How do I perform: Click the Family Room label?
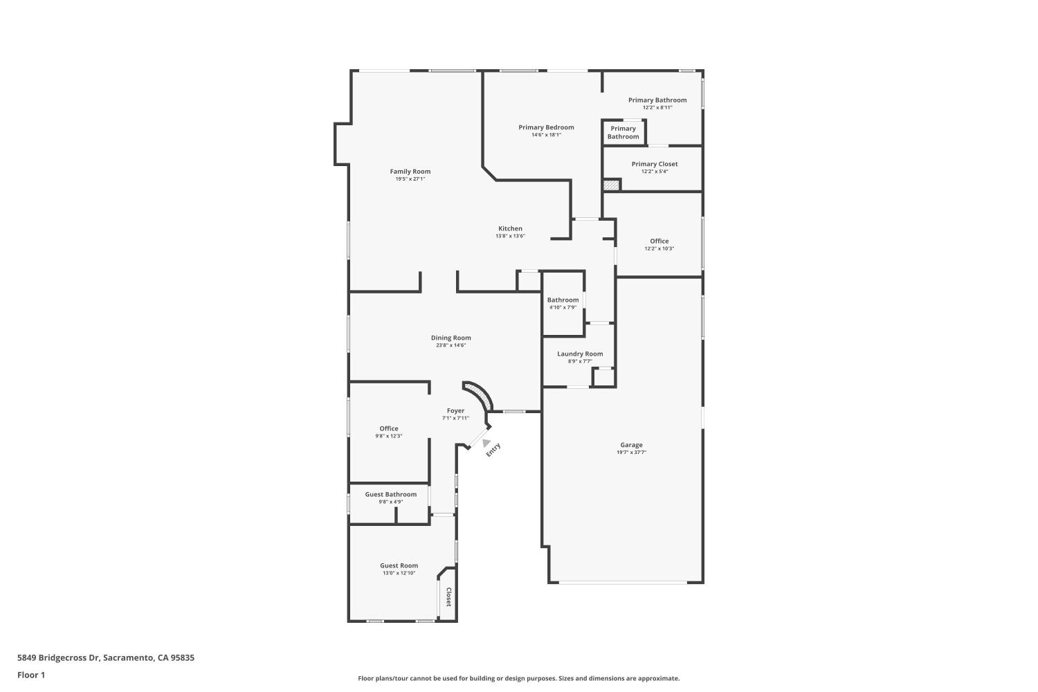(x=410, y=172)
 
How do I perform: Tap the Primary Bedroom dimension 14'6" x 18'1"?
(x=546, y=135)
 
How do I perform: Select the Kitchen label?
(x=510, y=228)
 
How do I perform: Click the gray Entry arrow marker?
(x=486, y=443)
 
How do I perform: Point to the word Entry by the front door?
(x=493, y=450)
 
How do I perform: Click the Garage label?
(x=631, y=445)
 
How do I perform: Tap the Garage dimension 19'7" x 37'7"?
(x=631, y=453)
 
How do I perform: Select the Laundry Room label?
(x=580, y=354)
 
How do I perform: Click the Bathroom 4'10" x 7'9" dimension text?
(x=563, y=307)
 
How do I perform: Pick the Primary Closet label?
(x=655, y=164)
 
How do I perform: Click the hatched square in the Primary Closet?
(x=611, y=185)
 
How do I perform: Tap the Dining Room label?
(x=450, y=338)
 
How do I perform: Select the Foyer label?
(x=455, y=410)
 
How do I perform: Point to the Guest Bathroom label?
(x=391, y=494)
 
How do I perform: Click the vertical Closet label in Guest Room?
(x=448, y=597)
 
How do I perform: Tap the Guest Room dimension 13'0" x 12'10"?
(x=399, y=573)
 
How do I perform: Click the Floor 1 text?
(x=31, y=675)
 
